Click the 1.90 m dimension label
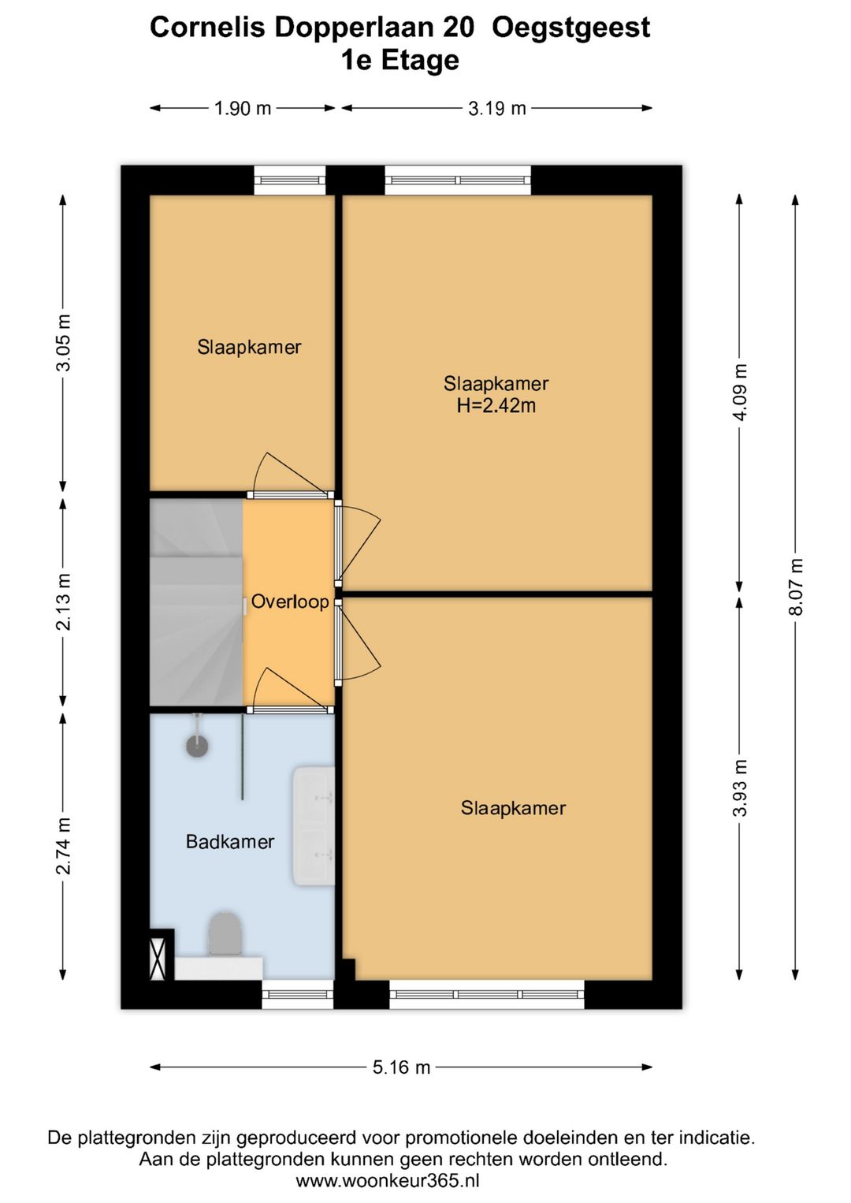point(243,109)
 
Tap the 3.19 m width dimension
point(496,109)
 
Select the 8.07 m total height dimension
point(796,587)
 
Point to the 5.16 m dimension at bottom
point(402,1067)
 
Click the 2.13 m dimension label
point(63,601)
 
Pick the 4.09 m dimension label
point(740,393)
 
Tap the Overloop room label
point(290,601)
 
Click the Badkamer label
point(230,842)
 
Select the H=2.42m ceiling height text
point(496,405)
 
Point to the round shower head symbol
point(197,745)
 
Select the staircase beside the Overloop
point(196,602)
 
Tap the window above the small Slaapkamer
point(290,180)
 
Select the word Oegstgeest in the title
point(570,28)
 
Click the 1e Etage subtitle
point(400,60)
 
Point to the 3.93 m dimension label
point(740,788)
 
